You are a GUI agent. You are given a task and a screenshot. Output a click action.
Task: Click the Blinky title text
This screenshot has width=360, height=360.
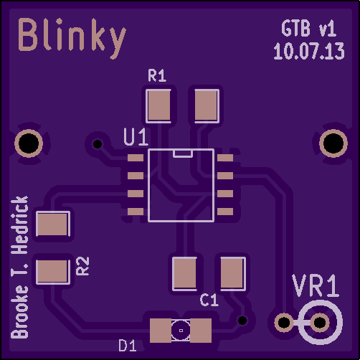click(x=72, y=38)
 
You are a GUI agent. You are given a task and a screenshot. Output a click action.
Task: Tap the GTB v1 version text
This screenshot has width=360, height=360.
click(x=309, y=29)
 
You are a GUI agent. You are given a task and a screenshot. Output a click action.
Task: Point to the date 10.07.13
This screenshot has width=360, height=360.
click(x=309, y=51)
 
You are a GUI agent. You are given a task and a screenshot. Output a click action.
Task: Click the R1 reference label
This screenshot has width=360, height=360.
click(x=157, y=75)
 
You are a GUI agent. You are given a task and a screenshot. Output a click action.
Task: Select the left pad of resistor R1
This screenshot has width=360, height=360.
click(x=158, y=106)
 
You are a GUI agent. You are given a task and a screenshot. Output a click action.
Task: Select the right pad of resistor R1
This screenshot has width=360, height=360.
click(x=207, y=106)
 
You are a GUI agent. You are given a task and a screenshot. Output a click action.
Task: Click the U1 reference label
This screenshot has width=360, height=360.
click(x=136, y=137)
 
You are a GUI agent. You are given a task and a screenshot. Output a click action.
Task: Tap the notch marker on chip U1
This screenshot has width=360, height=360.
click(x=183, y=153)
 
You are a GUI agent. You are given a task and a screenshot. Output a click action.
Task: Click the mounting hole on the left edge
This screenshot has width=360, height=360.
click(x=29, y=143)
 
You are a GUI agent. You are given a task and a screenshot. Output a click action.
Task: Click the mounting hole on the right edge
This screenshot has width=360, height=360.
click(x=333, y=143)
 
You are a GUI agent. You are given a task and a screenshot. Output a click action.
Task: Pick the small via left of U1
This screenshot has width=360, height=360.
click(x=98, y=144)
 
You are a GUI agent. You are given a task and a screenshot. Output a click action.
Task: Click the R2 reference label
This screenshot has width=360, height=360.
click(x=82, y=266)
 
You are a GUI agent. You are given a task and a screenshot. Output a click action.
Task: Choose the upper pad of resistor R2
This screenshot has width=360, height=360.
click(x=53, y=224)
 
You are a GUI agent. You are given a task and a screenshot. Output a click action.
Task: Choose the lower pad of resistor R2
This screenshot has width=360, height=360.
click(x=53, y=272)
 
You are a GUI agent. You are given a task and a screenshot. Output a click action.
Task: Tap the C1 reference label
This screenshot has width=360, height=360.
click(x=209, y=300)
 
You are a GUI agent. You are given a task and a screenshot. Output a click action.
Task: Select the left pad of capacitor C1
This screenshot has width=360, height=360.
click(x=184, y=274)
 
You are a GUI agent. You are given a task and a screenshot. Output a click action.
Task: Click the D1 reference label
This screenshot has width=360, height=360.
click(x=128, y=345)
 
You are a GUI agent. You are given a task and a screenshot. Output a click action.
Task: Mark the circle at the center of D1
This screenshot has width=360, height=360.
click(x=181, y=331)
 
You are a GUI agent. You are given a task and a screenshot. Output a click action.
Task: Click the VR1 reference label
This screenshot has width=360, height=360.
click(x=316, y=286)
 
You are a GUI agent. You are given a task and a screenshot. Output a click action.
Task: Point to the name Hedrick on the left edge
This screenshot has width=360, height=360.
click(x=20, y=225)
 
